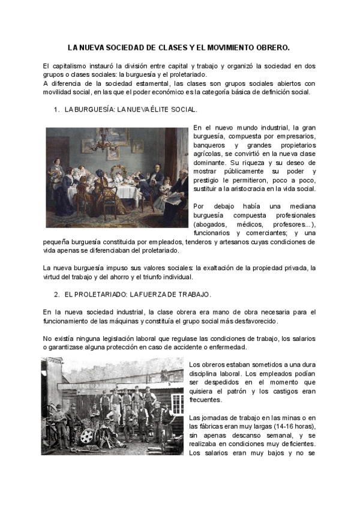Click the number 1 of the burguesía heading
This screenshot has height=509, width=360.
click(56, 110)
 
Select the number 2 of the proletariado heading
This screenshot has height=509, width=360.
click(56, 295)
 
